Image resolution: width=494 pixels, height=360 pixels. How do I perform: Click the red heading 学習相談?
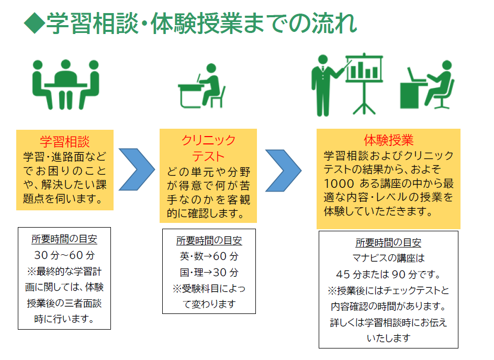65,142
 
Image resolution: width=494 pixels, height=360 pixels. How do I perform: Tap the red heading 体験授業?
388,140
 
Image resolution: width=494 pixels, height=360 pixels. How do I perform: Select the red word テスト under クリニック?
208,156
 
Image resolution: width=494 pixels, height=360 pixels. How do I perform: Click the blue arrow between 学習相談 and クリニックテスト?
136,170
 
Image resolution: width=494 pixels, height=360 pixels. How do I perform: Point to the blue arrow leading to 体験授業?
283,170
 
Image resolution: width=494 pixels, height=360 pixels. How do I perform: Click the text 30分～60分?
64,256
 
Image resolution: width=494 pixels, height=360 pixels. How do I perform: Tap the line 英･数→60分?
209,257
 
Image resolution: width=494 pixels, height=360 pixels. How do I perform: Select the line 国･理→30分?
209,273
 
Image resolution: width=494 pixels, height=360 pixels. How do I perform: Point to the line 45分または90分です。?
388,274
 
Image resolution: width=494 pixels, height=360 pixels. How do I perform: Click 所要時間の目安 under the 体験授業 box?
388,243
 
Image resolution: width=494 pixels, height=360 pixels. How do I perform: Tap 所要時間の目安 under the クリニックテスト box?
209,241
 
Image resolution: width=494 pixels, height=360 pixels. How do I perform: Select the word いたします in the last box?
388,338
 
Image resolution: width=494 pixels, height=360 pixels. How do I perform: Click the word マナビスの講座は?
388,258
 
